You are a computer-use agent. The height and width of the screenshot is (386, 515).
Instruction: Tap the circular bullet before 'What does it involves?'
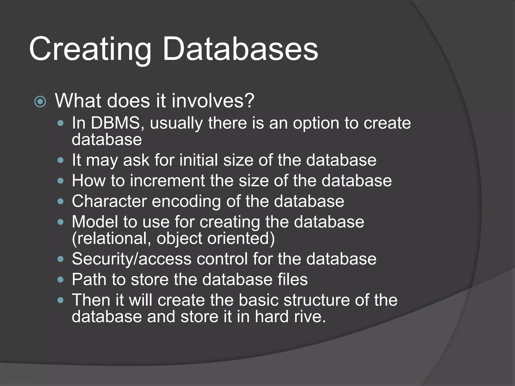[40, 102]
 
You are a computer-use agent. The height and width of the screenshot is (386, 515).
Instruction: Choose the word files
[292, 279]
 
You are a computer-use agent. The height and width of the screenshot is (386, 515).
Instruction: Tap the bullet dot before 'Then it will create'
[60, 300]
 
